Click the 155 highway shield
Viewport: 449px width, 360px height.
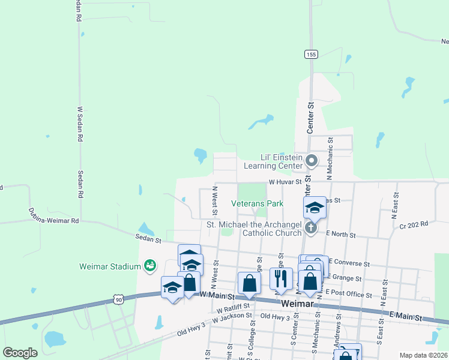(x=310, y=54)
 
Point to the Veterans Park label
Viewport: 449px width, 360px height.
(x=258, y=203)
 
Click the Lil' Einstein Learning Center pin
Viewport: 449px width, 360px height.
(x=312, y=160)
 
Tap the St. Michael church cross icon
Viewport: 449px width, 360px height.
(x=311, y=228)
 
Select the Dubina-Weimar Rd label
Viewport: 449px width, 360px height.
(x=53, y=216)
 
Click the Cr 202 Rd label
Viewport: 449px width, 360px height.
(x=414, y=224)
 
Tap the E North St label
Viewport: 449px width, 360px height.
(x=341, y=235)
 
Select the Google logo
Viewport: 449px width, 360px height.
(x=20, y=353)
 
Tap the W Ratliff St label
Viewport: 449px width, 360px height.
(x=237, y=308)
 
